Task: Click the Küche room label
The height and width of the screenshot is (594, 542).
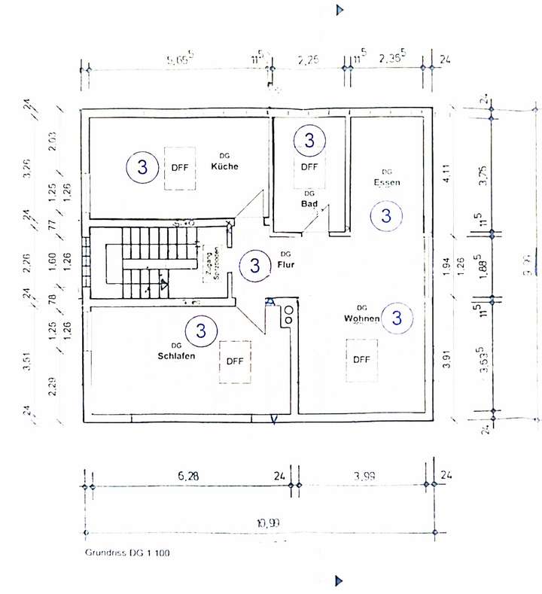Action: click(x=224, y=166)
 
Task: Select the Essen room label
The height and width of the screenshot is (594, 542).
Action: click(x=387, y=182)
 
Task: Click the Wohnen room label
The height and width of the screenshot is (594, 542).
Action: click(x=361, y=318)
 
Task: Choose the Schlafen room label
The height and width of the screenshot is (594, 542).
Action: click(x=177, y=355)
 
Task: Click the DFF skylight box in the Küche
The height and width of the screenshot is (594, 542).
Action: click(x=180, y=167)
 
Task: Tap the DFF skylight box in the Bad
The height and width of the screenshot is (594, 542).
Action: click(x=309, y=167)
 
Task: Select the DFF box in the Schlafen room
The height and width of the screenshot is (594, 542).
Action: click(x=235, y=361)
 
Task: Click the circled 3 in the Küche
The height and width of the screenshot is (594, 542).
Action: click(x=142, y=167)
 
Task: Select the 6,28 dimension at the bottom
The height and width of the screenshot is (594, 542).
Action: click(x=188, y=475)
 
